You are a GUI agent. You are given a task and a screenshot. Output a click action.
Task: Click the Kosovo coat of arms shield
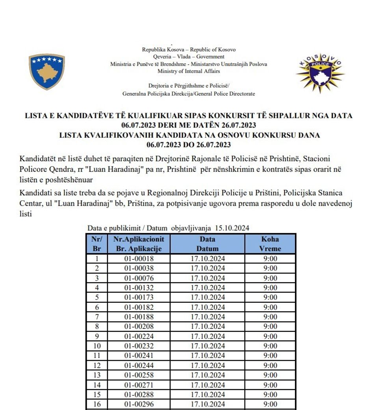tap(46, 72)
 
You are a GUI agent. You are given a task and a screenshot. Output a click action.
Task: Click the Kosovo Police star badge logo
tap(320, 73)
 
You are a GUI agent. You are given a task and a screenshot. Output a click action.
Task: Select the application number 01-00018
tap(139, 259)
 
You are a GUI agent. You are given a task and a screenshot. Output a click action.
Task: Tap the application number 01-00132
tap(139, 288)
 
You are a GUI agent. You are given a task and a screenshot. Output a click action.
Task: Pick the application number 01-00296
tap(139, 404)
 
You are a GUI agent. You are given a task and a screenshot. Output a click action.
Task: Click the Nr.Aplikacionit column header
tap(139, 244)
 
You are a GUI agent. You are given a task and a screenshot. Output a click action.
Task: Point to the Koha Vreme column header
tap(270, 244)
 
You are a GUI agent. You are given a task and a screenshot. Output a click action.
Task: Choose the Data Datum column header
tap(208, 244)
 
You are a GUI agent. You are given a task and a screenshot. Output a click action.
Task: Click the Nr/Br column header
tap(96, 244)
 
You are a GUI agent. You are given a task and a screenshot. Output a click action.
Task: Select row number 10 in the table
tap(96, 346)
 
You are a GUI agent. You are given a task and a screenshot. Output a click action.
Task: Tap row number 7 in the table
tap(96, 317)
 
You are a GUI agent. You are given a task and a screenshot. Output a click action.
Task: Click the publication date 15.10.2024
tap(232, 228)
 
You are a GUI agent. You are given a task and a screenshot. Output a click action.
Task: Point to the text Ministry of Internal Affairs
tap(189, 71)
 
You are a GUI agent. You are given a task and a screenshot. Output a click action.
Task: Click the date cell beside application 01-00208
tap(208, 326)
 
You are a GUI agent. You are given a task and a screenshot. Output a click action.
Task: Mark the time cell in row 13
tap(270, 375)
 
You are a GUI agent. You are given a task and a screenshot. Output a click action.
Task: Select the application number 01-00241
tap(139, 356)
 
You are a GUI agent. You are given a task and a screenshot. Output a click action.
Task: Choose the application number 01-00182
tap(139, 307)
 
